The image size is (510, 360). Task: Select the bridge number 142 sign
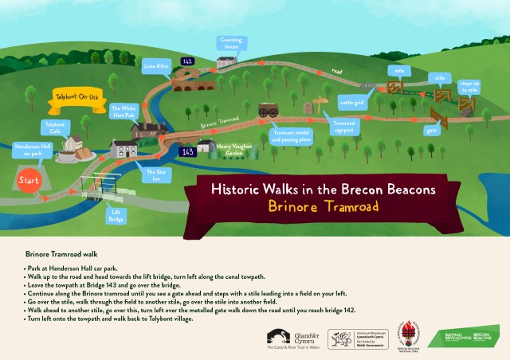187,61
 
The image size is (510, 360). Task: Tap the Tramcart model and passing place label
292,135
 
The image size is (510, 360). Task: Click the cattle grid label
351,102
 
